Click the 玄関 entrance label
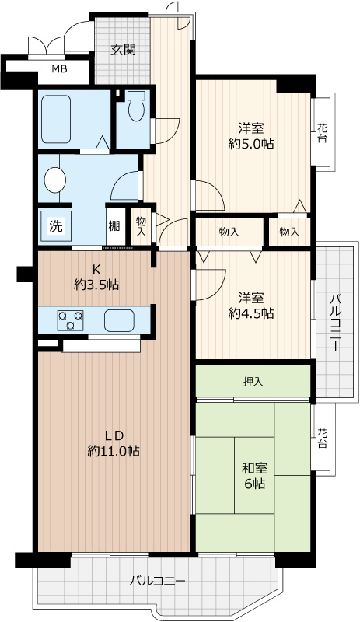(x=123, y=50)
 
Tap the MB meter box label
(x=60, y=69)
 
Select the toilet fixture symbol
(x=137, y=106)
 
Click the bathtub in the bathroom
(x=56, y=120)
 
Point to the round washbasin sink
(x=55, y=180)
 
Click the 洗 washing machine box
(x=55, y=225)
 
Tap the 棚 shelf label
(x=114, y=226)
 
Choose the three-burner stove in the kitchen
(x=71, y=320)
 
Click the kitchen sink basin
(x=120, y=320)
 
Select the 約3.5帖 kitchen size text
(x=96, y=284)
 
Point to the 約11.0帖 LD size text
(x=114, y=451)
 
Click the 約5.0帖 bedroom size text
(x=251, y=144)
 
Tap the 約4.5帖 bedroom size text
(x=251, y=313)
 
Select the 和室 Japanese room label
(x=254, y=469)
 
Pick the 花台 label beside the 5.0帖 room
(x=323, y=133)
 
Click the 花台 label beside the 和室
(x=323, y=438)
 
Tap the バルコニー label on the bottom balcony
(x=158, y=582)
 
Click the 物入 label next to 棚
(x=141, y=226)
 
